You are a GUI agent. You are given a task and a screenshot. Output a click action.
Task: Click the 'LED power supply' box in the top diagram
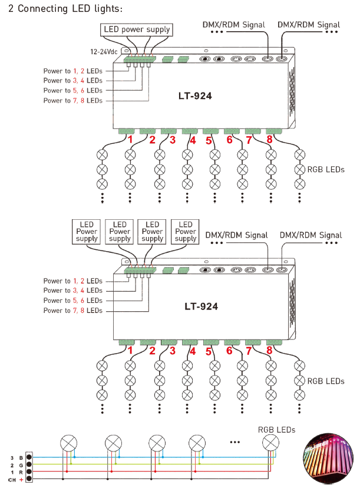coord(137,30)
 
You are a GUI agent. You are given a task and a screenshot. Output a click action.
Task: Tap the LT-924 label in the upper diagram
coord(195,96)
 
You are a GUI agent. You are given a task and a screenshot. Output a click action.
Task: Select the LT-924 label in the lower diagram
coord(201,306)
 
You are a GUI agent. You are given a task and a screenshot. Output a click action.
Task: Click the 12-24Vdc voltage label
coord(104,52)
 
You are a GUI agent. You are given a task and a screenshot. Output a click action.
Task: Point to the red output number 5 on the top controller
coord(209,141)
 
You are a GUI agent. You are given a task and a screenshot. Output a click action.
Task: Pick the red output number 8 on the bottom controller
coord(269,350)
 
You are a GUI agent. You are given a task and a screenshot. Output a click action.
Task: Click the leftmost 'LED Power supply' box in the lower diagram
coord(86,232)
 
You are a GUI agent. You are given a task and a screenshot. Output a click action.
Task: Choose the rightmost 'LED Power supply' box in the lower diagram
coord(185,232)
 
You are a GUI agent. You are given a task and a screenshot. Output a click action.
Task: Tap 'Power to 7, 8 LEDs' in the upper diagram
coord(73,101)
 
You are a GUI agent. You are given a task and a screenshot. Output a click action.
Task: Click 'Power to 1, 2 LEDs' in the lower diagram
coord(73,281)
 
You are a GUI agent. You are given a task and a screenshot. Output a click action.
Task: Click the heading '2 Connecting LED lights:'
coord(65,9)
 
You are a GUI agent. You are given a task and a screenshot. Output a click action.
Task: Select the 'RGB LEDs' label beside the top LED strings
coord(326,170)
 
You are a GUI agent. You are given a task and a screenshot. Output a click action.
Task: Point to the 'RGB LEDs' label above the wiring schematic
coord(276,430)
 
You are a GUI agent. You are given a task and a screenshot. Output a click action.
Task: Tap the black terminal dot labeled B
coord(29,457)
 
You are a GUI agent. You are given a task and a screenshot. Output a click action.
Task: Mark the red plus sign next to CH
coord(21,480)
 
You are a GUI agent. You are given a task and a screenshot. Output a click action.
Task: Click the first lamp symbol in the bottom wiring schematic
coord(69,443)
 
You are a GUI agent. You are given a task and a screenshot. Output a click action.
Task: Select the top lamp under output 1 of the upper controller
coord(103,154)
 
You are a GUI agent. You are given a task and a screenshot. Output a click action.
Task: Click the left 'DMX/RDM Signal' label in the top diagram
coord(234,25)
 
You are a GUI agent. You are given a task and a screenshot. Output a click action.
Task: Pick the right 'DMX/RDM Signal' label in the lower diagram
coord(311,235)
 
